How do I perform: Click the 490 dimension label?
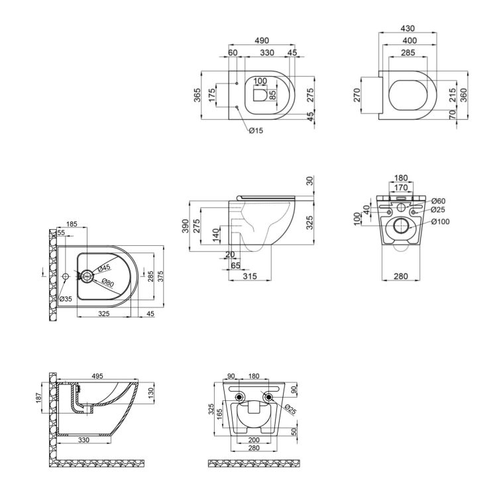[x=262, y=40]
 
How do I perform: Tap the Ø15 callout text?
[x=256, y=131]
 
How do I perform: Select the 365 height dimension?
[x=197, y=95]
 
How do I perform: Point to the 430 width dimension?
[x=408, y=28]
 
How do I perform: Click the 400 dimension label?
[x=409, y=40]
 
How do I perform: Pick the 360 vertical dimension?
[x=463, y=95]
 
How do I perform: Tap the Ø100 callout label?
[x=441, y=221]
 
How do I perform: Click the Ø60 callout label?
[x=439, y=201]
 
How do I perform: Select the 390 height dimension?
[x=186, y=226]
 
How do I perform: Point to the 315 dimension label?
[x=250, y=276]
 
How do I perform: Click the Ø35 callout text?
[x=66, y=299]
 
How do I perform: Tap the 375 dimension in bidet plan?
[x=161, y=277]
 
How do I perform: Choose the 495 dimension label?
[x=97, y=376]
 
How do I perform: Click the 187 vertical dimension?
[x=38, y=398]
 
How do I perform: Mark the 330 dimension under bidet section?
[x=83, y=440]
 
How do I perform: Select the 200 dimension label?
[x=254, y=440]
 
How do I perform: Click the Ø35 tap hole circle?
[x=66, y=276]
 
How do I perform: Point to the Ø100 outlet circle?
[x=402, y=226]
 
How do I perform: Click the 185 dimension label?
[x=72, y=224]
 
